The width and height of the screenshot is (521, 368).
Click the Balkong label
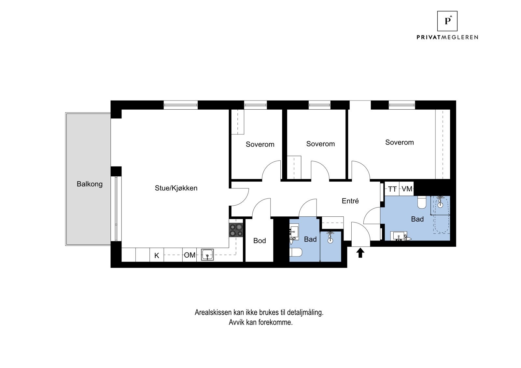coord(90,184)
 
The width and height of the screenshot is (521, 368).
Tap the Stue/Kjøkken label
coord(176,188)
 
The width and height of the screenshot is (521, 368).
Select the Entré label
coord(350,201)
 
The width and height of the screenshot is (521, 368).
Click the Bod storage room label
coord(260,240)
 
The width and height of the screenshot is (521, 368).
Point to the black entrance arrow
coord(360,253)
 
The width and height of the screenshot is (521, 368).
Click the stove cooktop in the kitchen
coord(236,230)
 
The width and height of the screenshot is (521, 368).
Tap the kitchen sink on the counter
coord(207,255)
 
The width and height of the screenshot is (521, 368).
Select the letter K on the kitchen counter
coord(157,256)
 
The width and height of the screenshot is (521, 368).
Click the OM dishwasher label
coord(190,255)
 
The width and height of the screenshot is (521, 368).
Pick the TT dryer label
coord(392,189)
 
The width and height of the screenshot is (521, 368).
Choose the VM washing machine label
coord(407,189)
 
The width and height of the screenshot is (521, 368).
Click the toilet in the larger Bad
coord(422,202)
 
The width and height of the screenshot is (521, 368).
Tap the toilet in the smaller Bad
coord(296,252)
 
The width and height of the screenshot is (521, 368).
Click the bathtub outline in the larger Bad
coord(442,215)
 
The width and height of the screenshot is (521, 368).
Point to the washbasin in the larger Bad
coord(399,236)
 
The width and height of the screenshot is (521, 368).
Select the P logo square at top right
coord(447,21)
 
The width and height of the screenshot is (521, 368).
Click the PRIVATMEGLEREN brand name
coord(447,37)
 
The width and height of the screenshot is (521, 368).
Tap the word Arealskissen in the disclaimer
coord(213,312)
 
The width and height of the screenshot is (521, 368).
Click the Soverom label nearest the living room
coord(260,144)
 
